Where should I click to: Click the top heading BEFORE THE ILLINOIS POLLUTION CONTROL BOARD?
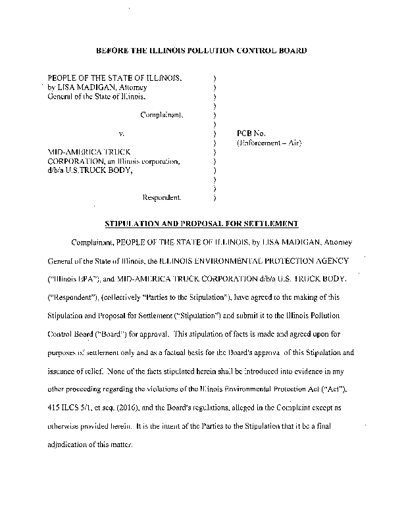[x=201, y=50]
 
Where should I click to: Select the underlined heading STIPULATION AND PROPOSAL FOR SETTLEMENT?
[x=201, y=224]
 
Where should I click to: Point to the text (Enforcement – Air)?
[x=270, y=143]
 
